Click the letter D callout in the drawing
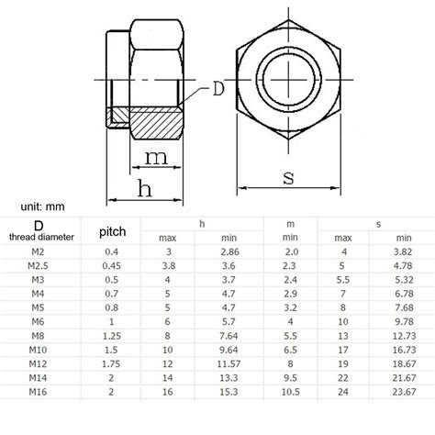[218, 89]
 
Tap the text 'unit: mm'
[46, 208]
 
